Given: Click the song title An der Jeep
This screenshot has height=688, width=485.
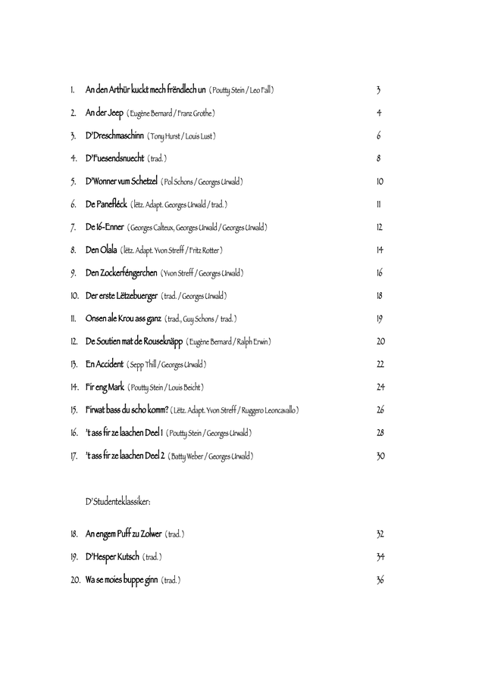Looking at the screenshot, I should tap(105, 113).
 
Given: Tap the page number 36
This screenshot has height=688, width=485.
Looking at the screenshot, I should tap(380, 580).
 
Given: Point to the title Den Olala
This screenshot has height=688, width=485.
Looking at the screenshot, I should tap(102, 250).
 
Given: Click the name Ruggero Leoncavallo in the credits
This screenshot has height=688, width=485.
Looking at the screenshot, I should tap(269, 410).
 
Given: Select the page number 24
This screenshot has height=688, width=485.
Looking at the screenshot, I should tap(380, 388).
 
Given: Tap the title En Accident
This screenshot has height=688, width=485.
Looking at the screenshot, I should tap(104, 364).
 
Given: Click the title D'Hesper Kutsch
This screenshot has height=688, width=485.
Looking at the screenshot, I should tap(112, 557).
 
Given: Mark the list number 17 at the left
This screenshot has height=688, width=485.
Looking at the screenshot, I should tap(74, 456).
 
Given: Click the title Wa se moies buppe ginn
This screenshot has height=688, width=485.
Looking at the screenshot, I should tap(121, 580).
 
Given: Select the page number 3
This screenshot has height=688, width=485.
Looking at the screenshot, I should tap(378, 90).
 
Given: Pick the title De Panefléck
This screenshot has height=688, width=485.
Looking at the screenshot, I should tap(105, 204).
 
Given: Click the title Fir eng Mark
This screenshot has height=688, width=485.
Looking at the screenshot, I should tap(105, 388).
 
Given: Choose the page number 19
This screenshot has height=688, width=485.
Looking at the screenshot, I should tap(380, 319).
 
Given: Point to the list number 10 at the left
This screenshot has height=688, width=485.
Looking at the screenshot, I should tap(75, 295).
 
